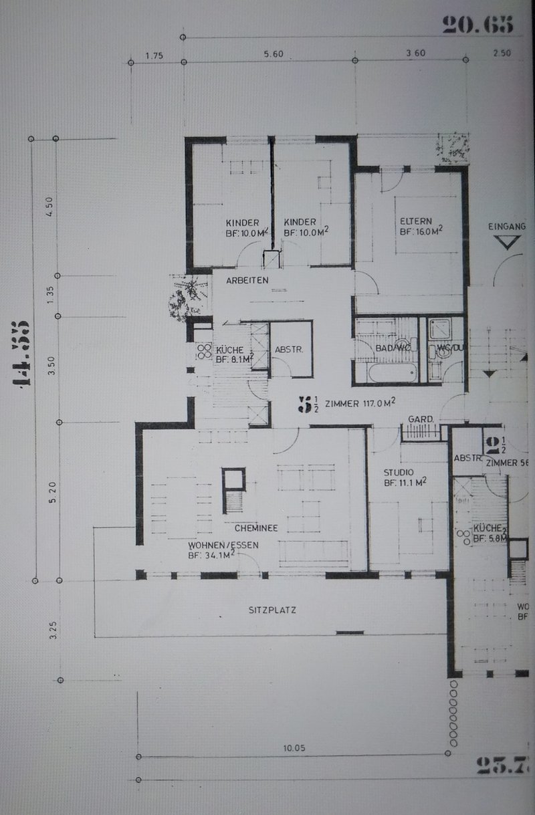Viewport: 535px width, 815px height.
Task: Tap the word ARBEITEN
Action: click(x=247, y=280)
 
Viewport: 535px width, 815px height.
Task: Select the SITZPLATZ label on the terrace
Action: click(x=272, y=610)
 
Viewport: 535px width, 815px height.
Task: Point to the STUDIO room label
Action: click(x=398, y=472)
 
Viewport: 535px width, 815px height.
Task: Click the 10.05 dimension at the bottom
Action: click(x=294, y=747)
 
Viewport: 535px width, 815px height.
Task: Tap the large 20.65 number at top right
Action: click(x=477, y=25)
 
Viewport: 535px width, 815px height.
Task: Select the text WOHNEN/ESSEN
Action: click(x=223, y=544)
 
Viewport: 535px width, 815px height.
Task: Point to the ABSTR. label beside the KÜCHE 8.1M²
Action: click(x=290, y=349)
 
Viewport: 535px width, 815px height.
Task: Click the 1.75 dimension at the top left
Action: click(x=154, y=54)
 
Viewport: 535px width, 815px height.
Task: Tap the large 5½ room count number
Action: click(x=308, y=403)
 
